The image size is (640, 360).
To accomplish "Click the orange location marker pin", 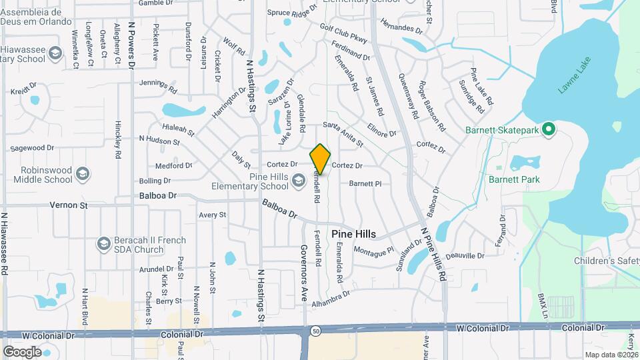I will tap(320, 159).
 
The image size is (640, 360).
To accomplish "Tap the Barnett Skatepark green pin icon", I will tap(548, 129).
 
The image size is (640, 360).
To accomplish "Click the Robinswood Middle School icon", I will tap(82, 175).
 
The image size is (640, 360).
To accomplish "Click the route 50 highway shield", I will tap(315, 330).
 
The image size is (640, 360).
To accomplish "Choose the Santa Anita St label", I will tap(343, 133).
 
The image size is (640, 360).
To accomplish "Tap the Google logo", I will tap(22, 351).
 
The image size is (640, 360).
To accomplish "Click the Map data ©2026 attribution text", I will tap(611, 355).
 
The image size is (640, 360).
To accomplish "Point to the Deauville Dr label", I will tap(464, 256).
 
